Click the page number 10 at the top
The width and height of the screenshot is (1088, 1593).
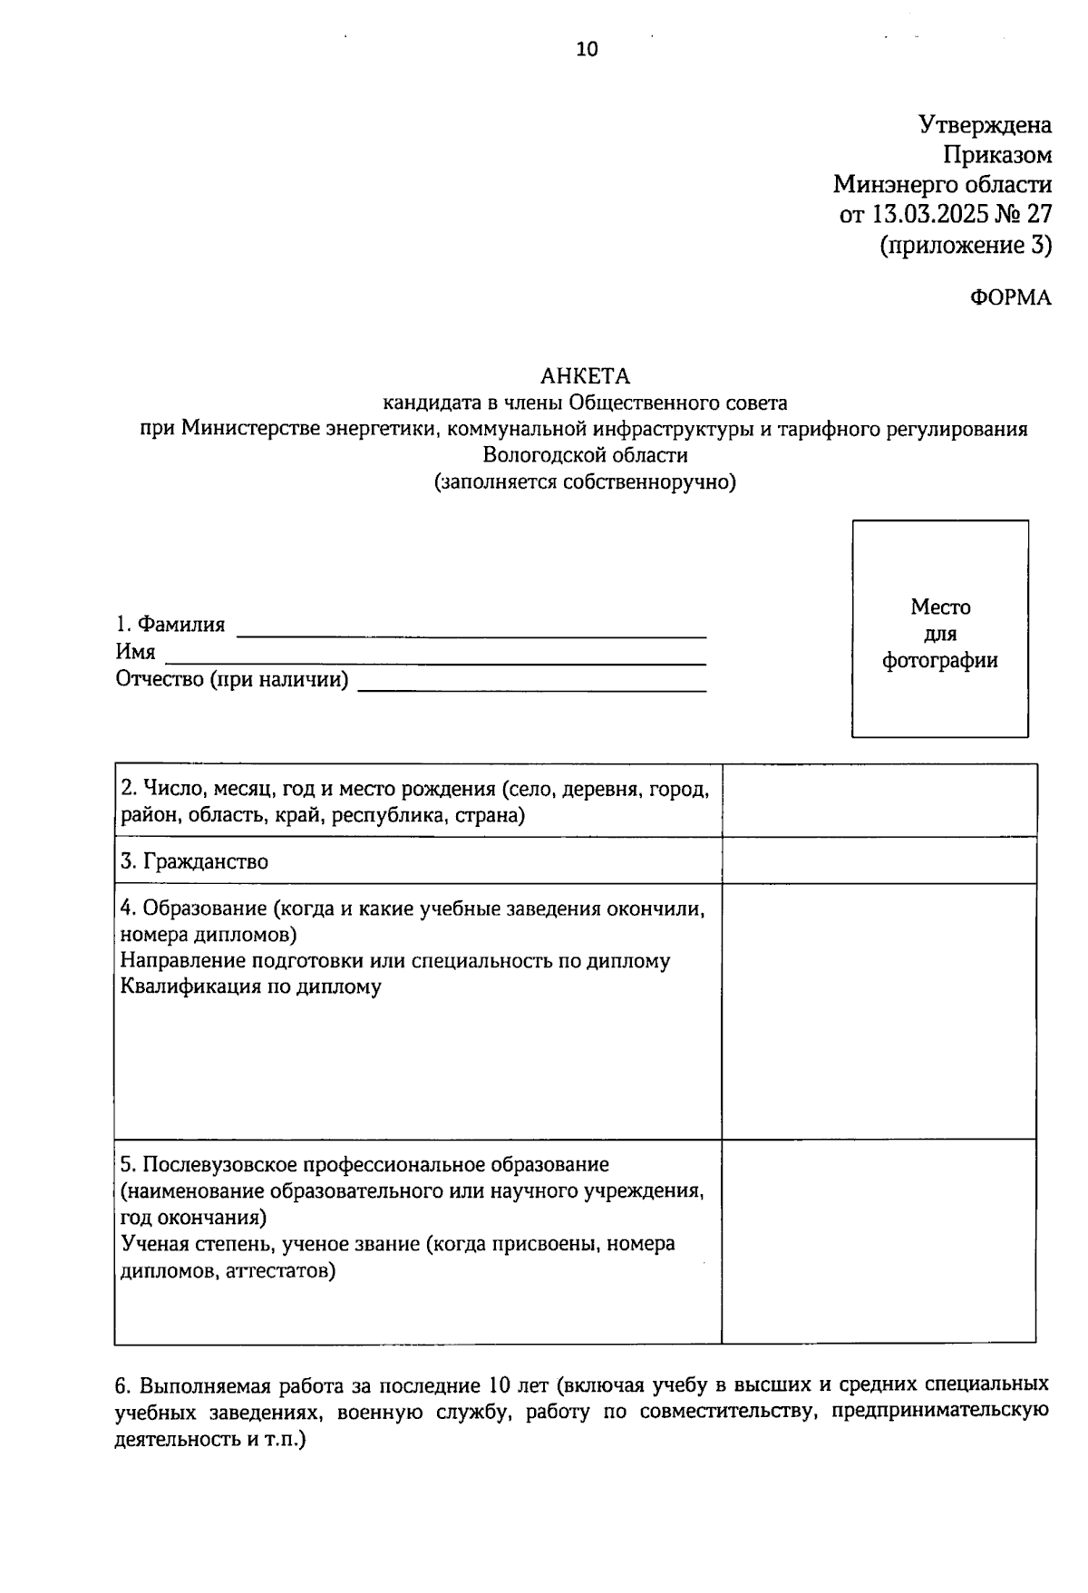[x=587, y=50]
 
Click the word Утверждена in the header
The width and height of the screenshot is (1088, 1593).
[x=985, y=124]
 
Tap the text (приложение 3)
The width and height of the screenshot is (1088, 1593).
[x=966, y=245]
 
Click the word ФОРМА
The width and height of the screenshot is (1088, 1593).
[x=1011, y=298]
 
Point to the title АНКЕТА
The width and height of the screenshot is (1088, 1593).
[x=585, y=375]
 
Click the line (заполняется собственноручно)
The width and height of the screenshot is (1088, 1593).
[x=585, y=481]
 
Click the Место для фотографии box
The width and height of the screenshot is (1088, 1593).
[x=940, y=629]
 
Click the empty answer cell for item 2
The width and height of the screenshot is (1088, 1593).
[x=879, y=800]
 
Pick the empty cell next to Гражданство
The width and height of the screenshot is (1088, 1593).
[x=879, y=860]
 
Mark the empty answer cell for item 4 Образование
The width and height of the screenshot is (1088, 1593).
[x=879, y=1010]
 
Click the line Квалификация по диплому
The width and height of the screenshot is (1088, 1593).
[x=251, y=986]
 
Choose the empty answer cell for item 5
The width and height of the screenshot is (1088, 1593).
[x=879, y=1240]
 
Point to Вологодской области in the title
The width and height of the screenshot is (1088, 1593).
[x=585, y=455]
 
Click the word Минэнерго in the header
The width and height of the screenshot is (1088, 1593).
[x=885, y=185]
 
